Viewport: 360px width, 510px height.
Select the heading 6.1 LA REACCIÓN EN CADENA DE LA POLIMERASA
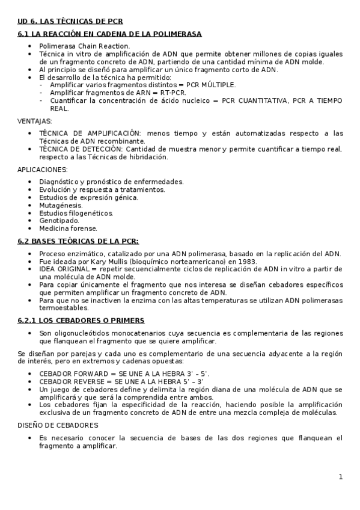click(109, 34)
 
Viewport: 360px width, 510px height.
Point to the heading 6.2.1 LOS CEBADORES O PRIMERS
click(81, 321)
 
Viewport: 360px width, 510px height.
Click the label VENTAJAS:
click(35, 121)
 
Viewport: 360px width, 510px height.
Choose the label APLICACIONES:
click(42, 170)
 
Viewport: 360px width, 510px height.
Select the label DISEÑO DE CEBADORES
click(58, 425)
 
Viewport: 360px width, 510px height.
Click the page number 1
click(340, 477)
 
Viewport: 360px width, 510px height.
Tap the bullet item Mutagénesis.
click(61, 205)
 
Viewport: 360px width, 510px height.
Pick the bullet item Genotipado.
click(58, 221)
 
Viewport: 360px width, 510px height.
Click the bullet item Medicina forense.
click(68, 229)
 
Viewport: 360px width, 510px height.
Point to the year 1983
click(246, 261)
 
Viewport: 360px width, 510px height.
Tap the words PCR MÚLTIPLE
click(211, 85)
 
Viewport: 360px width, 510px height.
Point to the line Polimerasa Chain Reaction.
click(84, 46)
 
